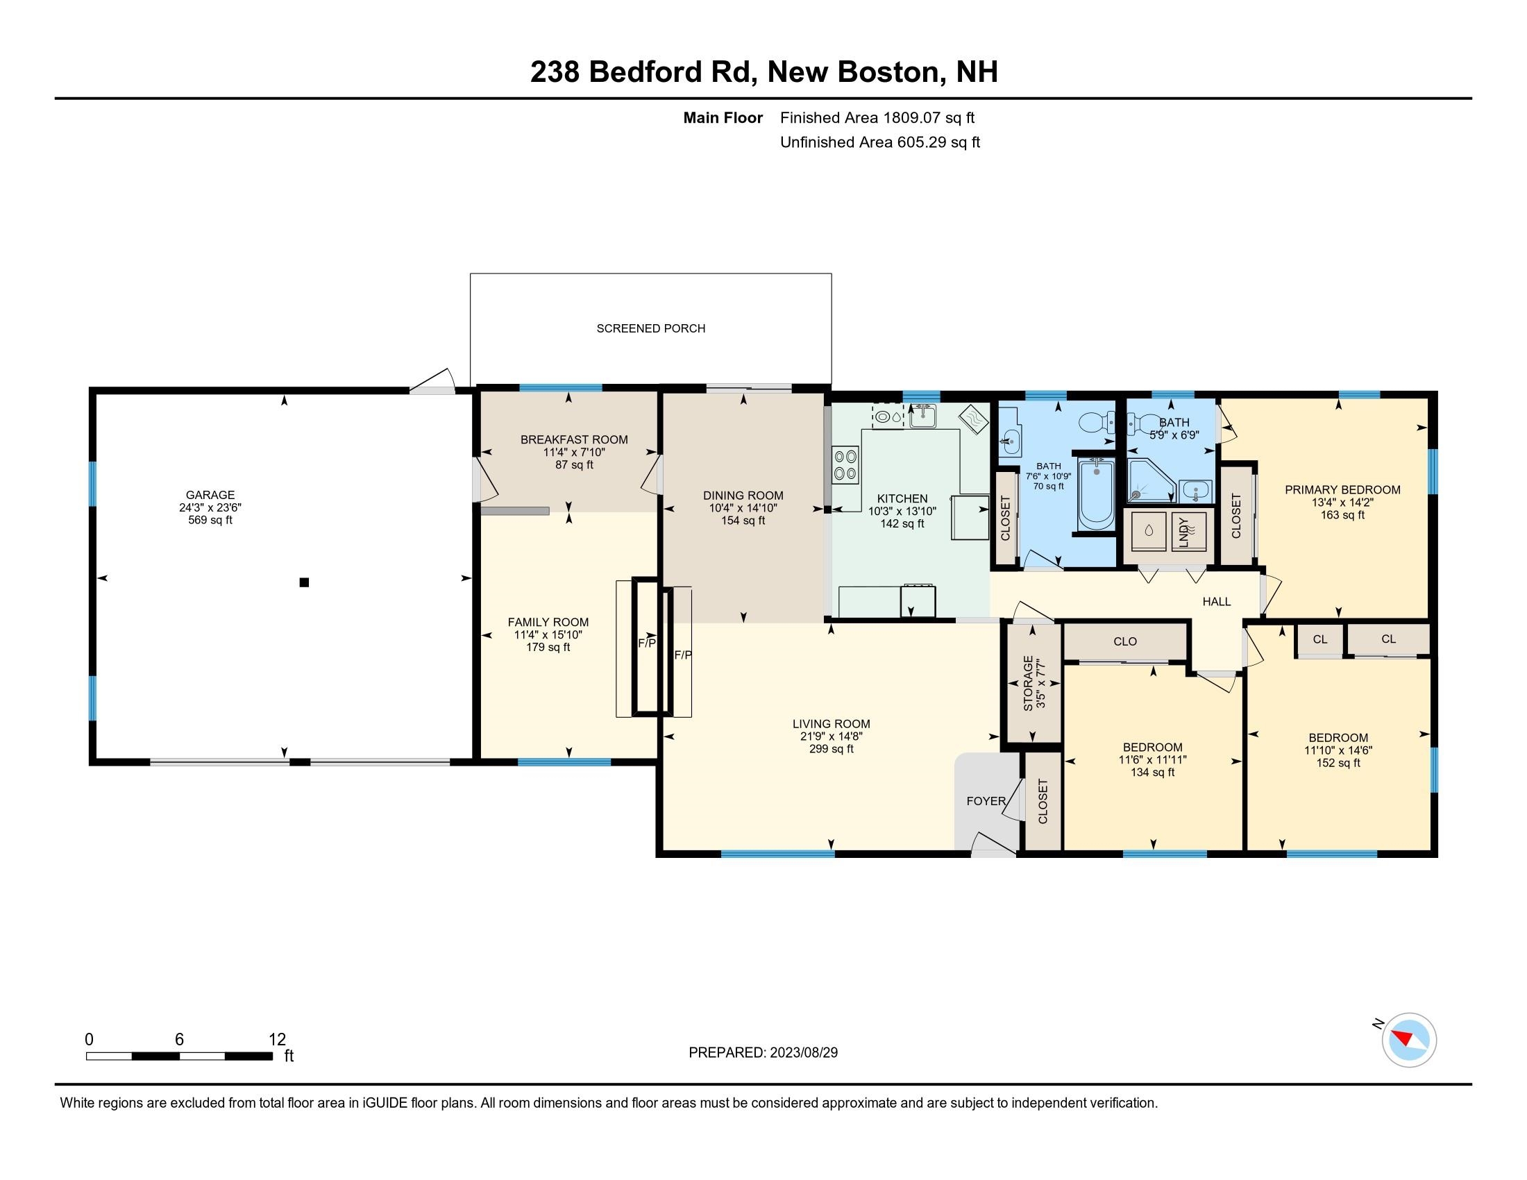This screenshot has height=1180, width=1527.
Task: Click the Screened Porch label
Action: point(650,328)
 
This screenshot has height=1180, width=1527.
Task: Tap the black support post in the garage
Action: point(304,582)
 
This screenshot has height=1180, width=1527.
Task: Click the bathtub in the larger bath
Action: point(1095,495)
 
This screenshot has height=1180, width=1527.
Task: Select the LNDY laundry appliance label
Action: point(1183,532)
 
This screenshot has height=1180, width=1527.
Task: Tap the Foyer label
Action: point(986,801)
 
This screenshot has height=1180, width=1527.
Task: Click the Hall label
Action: point(1217,601)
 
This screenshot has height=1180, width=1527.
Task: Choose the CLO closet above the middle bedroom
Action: point(1125,641)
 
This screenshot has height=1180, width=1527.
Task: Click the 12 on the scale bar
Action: point(277,1040)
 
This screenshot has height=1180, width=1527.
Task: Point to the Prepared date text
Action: point(763,1053)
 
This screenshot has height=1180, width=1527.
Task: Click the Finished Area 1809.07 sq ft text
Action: point(877,118)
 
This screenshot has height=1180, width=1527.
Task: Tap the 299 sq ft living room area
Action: point(831,749)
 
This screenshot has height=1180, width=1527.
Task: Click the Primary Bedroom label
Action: point(1342,490)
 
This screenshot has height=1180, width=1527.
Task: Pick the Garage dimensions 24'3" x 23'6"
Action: point(210,507)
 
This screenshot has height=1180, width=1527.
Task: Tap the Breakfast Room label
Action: point(573,439)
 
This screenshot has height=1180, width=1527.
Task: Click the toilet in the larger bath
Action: point(1095,422)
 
